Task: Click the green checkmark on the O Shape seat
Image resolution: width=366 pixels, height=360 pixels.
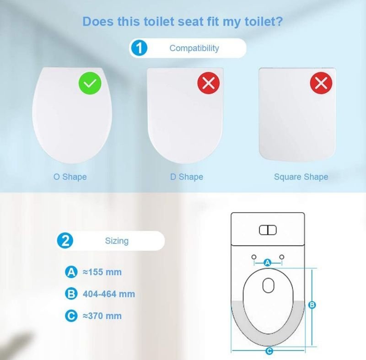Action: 90,83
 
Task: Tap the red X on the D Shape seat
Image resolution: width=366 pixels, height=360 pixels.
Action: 209,83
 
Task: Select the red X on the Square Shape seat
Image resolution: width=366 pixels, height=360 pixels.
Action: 321,83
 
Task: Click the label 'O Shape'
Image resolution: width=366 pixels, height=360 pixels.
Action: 70,177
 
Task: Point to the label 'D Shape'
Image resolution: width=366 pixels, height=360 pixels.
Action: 187,177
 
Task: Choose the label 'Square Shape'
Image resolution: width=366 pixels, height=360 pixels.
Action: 301,177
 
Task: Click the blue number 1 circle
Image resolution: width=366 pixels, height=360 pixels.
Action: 139,48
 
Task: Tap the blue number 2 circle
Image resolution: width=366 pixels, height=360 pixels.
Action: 65,240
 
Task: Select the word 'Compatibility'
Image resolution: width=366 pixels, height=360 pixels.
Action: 194,48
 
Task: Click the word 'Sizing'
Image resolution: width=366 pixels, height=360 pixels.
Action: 117,241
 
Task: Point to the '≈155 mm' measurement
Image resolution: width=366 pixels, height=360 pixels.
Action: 102,272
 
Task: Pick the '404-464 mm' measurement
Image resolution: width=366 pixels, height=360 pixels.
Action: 109,294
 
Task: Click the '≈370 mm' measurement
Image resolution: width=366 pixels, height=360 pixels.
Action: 102,316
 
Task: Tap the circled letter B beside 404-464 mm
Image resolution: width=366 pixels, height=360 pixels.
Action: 71,294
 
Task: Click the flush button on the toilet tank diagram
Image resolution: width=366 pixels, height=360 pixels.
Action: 268,230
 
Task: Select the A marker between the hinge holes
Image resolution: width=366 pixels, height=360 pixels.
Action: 268,263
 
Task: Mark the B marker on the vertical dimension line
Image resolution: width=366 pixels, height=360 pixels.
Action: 312,305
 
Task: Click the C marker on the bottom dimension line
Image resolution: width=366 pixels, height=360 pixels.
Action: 269,351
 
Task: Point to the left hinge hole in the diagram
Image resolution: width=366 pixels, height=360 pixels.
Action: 254,257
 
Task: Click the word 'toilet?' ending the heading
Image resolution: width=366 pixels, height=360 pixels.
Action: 264,21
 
